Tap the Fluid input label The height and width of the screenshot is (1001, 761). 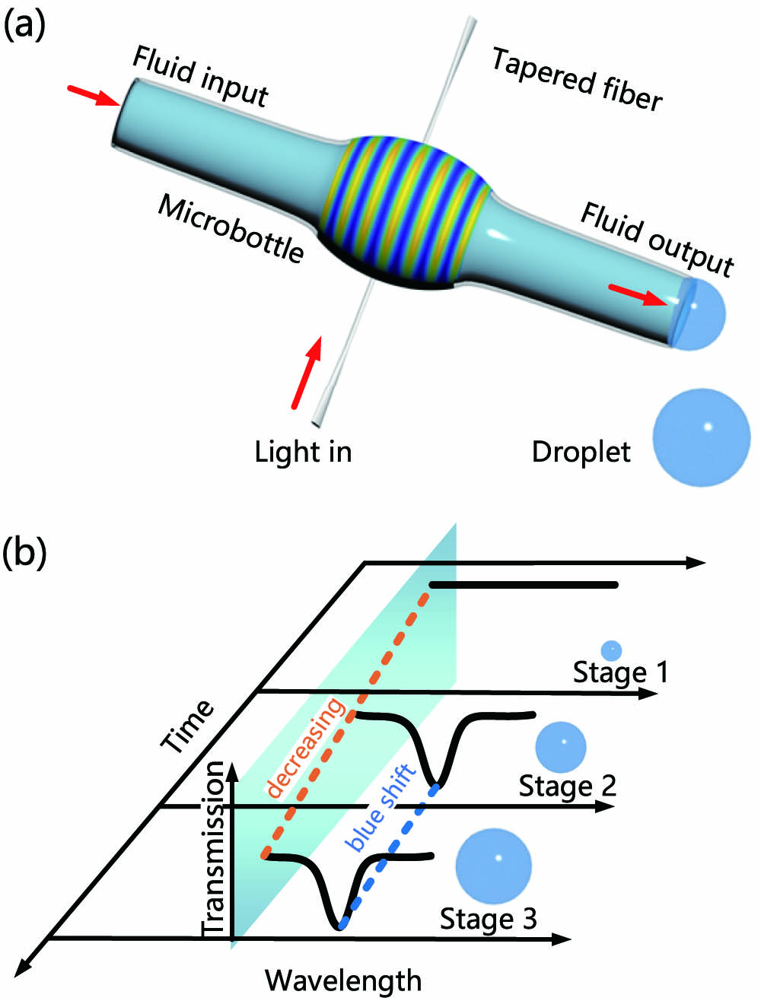tap(200, 77)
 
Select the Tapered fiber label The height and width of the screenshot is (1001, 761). tap(576, 79)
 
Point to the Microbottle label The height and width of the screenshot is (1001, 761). tap(231, 227)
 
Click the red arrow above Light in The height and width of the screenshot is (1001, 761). tap(306, 373)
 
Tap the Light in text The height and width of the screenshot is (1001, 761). tap(303, 452)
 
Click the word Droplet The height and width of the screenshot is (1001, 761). tap(581, 453)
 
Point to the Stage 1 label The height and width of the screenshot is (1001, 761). tap(620, 672)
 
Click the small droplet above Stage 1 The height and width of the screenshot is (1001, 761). tap(611, 650)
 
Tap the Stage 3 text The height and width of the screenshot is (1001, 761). tap(489, 919)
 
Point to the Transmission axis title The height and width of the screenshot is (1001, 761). tap(215, 850)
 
